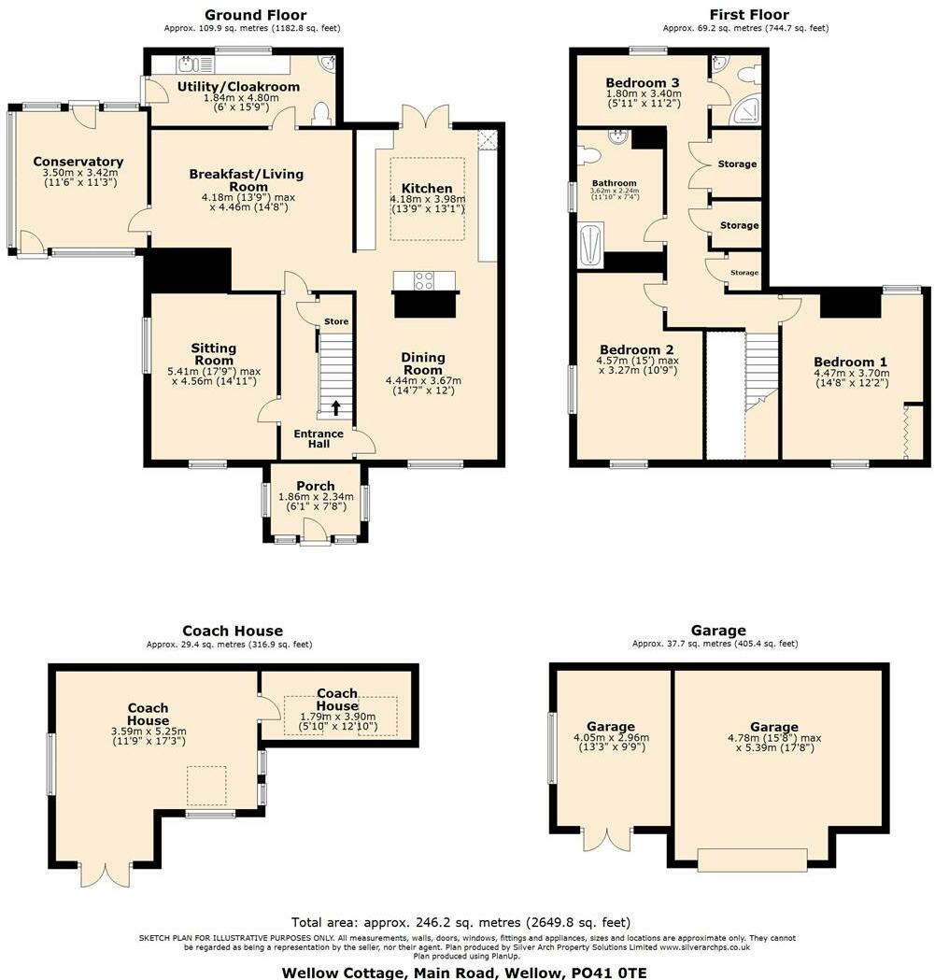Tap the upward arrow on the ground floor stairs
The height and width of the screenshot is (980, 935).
335,407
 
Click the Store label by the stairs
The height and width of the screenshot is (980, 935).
336,322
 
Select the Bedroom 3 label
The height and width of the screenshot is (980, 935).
642,82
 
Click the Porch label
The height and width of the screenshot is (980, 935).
316,486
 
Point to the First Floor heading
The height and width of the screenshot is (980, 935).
748,14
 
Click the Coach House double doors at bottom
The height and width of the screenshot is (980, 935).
104,874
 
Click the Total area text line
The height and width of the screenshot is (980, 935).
460,922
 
